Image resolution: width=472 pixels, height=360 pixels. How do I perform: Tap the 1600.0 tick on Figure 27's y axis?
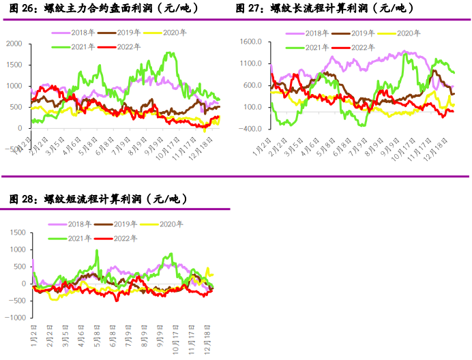click(250, 42)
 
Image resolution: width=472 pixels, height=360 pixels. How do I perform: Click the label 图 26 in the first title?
click(22, 8)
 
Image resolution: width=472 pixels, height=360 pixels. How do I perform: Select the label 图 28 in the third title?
click(22, 199)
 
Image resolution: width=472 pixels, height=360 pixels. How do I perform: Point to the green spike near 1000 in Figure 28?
click(97, 250)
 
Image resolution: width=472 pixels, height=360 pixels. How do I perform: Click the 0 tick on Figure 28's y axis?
click(23, 284)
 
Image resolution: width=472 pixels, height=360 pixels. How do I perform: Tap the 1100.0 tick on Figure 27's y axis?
click(250, 63)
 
